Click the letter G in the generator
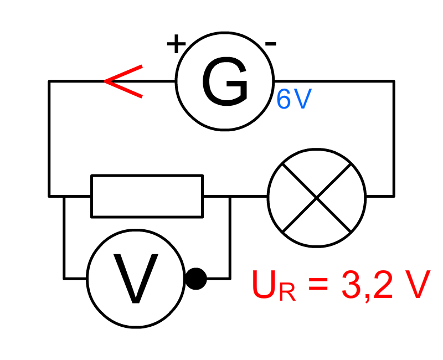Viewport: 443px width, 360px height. tap(225, 81)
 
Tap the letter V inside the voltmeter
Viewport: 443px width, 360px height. tap(136, 279)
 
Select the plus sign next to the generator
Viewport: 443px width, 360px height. tap(176, 44)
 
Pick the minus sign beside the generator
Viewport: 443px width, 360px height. tap(270, 44)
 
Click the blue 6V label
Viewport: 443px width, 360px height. tap(294, 99)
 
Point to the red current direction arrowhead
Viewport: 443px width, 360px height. tap(123, 81)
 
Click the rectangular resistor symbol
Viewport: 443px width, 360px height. tap(147, 196)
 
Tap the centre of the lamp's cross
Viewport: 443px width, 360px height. tap(317, 198)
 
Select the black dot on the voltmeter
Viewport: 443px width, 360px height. tap(196, 279)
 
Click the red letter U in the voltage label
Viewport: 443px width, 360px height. tap(264, 284)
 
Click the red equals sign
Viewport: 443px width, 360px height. tap(318, 284)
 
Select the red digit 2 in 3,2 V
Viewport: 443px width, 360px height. tap(383, 284)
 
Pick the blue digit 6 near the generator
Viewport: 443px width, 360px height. tap(284, 99)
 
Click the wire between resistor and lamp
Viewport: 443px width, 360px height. tap(235, 196)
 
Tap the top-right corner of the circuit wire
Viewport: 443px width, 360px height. tap(394, 81)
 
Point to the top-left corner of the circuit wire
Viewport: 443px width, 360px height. tap(49, 81)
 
